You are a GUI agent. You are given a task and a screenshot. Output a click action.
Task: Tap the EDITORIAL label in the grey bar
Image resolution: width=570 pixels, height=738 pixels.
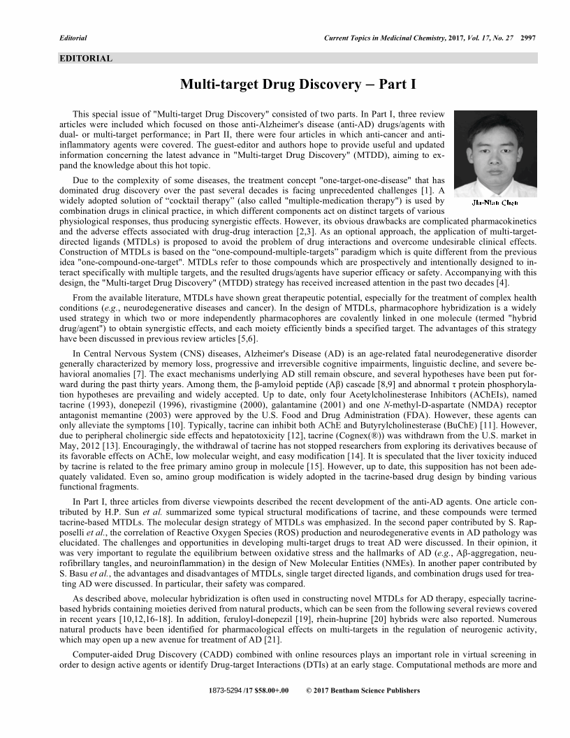click(x=86, y=59)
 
